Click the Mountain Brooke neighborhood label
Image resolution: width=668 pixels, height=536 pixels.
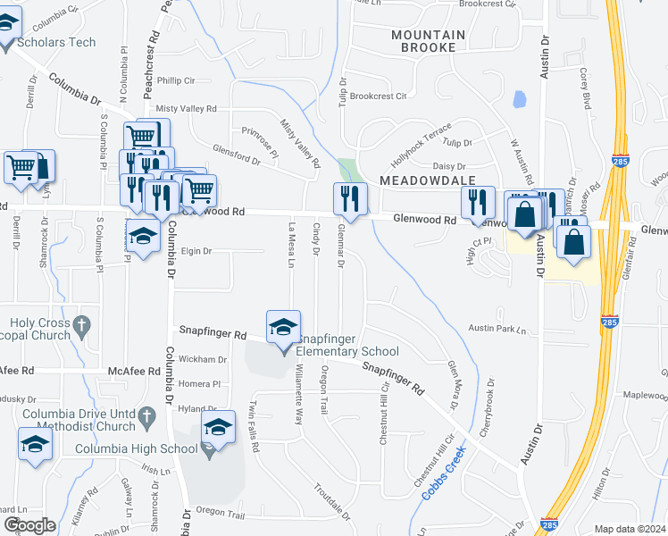(x=428, y=42)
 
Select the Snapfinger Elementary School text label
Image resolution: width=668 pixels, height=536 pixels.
(x=347, y=345)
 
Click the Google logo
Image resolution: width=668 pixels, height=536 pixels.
(x=29, y=525)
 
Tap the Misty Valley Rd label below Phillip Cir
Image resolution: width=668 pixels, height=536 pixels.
(x=186, y=108)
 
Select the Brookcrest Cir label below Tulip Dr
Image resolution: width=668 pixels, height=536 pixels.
(x=378, y=96)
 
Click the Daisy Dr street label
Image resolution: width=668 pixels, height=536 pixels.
(x=449, y=166)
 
